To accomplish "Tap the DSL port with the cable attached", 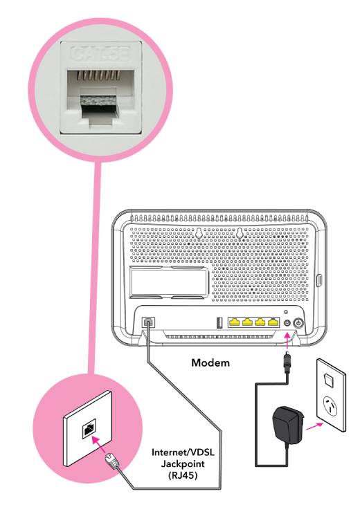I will tap(148, 323).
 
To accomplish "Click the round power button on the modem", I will tap(298, 323).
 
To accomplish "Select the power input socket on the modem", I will tap(286, 323).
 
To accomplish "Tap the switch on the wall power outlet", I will tap(330, 377).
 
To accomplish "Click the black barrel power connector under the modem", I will tap(285, 365).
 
